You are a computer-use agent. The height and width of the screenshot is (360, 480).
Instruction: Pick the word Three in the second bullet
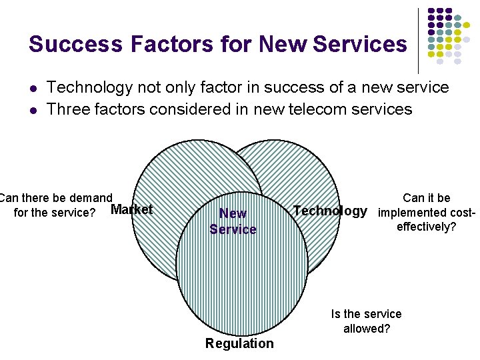[69, 109]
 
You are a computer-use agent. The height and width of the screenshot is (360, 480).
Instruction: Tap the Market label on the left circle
[131, 210]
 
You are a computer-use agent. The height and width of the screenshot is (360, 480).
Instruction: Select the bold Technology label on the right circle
[330, 211]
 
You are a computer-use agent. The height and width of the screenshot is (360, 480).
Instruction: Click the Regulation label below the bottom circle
[239, 343]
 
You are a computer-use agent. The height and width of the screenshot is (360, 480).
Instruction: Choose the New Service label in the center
[233, 221]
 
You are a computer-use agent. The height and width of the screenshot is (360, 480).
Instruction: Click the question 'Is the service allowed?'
[366, 321]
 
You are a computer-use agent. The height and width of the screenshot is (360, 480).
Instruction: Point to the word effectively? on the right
[426, 227]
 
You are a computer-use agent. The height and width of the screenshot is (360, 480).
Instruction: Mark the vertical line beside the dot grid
[418, 40]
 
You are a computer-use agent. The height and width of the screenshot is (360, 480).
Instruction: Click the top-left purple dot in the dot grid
[431, 12]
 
